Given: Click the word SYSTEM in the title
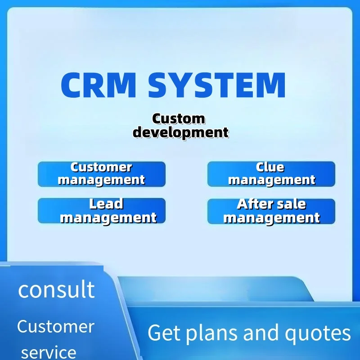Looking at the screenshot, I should tap(217, 85).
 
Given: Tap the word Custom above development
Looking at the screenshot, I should tap(178, 119).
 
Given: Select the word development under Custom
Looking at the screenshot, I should tap(181, 132).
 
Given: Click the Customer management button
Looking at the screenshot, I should tap(102, 174).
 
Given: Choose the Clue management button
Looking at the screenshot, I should tap(271, 174).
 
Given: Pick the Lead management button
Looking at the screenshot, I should tap(102, 211).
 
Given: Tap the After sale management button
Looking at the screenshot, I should tap(271, 211).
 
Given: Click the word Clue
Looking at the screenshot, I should tap(270, 167).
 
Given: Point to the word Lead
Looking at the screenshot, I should tap(106, 204).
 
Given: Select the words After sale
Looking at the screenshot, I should tap(271, 204).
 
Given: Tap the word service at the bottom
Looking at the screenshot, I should tap(49, 351).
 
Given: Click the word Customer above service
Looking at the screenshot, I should tap(56, 326).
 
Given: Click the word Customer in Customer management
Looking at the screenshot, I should tap(102, 167).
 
